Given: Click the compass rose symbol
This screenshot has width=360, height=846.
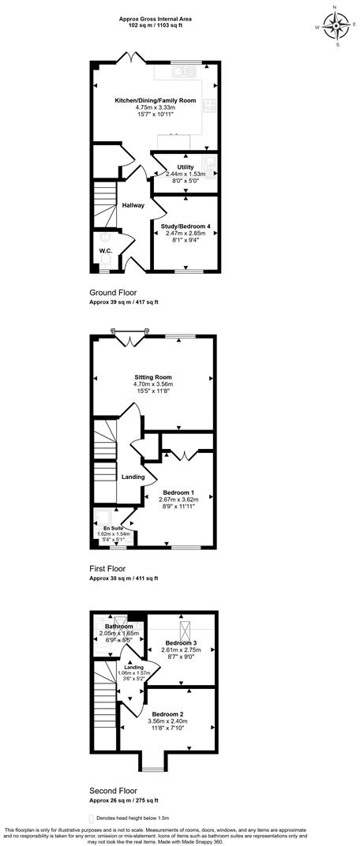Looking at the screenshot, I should point(337,26).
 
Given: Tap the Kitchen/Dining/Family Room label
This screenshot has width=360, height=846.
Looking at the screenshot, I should point(144,101).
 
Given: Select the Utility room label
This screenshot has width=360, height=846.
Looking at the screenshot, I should point(186,167).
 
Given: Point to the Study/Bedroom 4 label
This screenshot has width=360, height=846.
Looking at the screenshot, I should point(186,226).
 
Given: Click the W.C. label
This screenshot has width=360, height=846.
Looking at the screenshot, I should point(106,252).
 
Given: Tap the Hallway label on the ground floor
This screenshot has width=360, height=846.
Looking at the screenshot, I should point(133,206).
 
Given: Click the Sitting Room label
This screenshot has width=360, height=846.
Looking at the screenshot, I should point(152,377).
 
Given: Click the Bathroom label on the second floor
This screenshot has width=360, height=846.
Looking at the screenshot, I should point(119,627).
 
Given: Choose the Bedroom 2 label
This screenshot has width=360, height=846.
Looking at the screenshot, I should point(167,713).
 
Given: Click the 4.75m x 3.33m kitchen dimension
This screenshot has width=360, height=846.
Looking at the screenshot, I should point(144,108).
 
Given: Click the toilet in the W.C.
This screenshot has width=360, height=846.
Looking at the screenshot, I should point(105,238).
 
